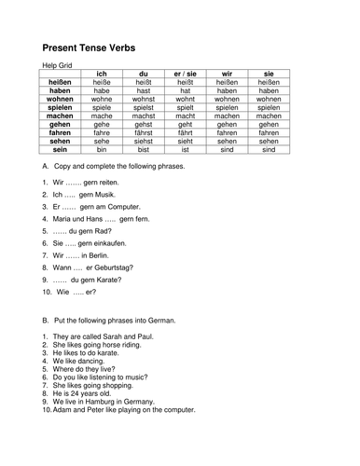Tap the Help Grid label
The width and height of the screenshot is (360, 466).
click(x=59, y=65)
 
